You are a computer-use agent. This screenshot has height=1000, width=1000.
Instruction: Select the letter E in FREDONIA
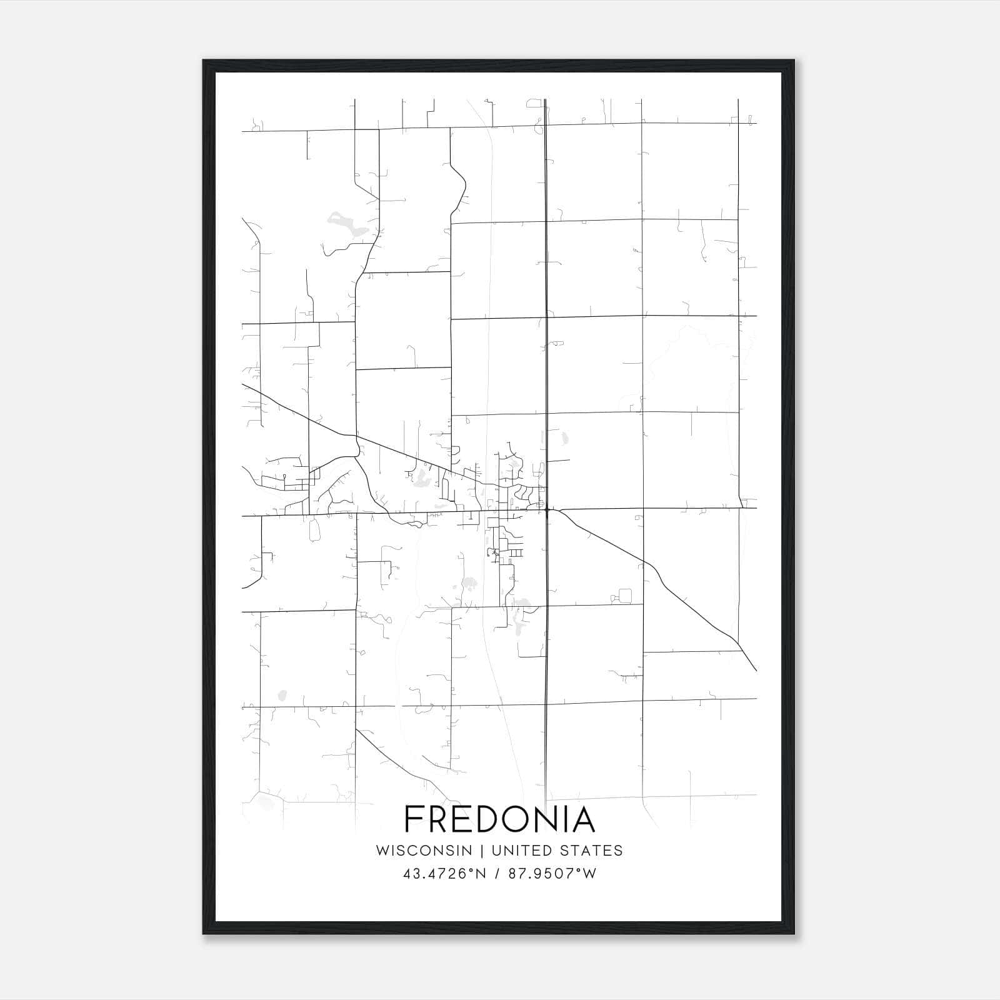(x=468, y=819)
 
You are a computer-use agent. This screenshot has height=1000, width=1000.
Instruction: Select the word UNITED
(x=521, y=851)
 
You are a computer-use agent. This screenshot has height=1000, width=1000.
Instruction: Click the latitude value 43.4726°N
(x=444, y=874)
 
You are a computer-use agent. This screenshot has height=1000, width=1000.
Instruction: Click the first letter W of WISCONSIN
(x=382, y=851)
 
